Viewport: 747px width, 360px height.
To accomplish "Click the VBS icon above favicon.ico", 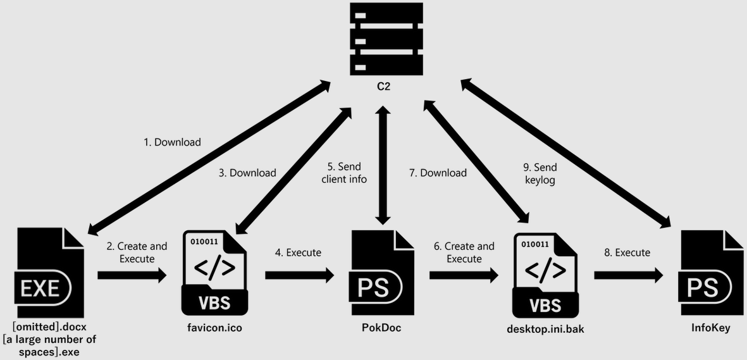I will (214, 273).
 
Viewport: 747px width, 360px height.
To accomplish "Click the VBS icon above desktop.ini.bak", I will (545, 273).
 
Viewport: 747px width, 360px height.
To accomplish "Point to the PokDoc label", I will (381, 328).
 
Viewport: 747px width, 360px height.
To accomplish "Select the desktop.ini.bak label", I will (545, 329).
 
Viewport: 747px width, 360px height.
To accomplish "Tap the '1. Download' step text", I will (172, 142).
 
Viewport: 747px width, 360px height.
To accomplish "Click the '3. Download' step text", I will (247, 173).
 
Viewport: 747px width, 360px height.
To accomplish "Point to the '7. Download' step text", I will (438, 173).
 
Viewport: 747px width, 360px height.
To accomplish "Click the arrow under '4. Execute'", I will (299, 275).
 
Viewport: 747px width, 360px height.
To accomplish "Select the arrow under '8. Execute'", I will (628, 275).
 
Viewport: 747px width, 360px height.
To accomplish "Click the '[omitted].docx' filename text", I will (49, 326).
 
